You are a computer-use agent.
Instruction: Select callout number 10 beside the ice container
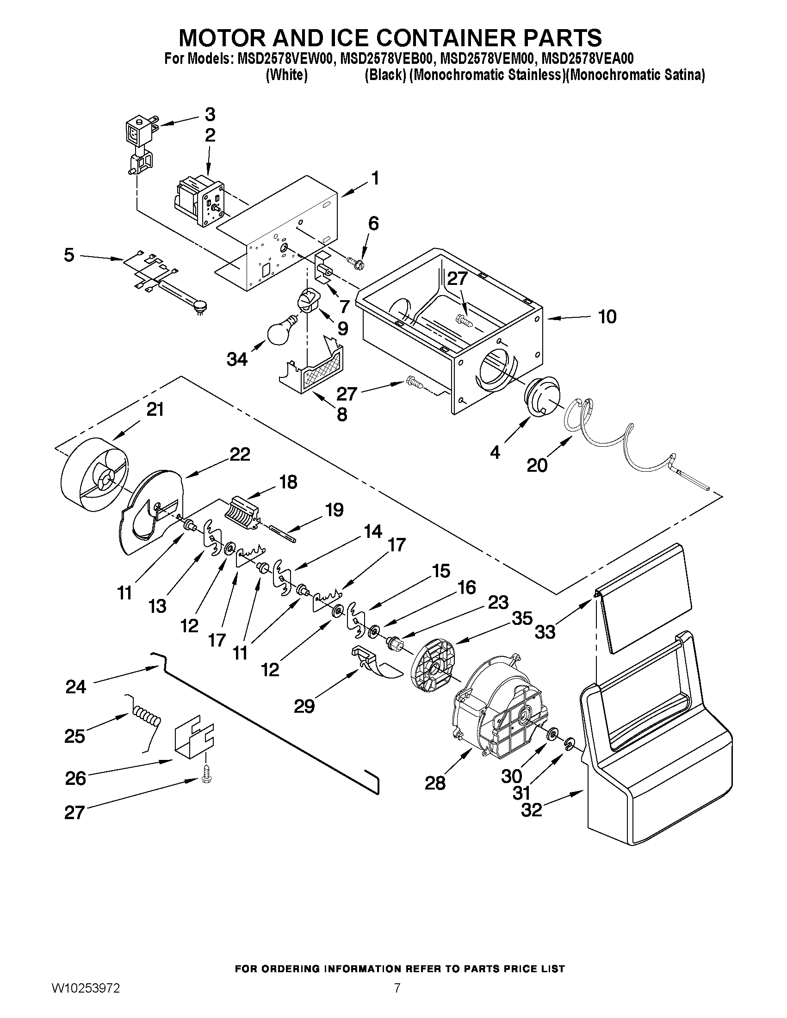tap(607, 317)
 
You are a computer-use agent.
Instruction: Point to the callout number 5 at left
tap(69, 255)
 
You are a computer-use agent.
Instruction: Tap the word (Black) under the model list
tap(385, 75)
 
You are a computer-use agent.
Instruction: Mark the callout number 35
tap(522, 618)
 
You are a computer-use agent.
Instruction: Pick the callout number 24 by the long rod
tap(75, 687)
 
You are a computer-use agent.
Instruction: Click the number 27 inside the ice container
tap(457, 279)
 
